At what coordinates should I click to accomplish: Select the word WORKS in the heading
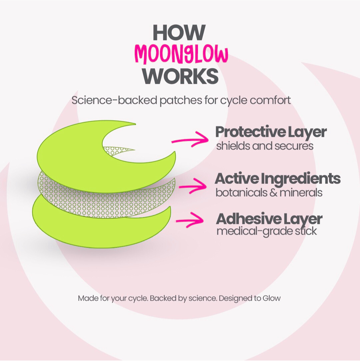[180, 76]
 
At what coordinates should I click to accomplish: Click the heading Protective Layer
[271, 132]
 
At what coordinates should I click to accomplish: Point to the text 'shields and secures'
[265, 146]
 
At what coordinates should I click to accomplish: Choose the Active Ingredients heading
[278, 179]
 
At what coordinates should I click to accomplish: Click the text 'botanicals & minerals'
[269, 193]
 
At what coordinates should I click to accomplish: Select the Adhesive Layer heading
[269, 219]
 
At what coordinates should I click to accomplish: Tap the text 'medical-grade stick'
[267, 231]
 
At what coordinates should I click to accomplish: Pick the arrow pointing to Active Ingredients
[193, 186]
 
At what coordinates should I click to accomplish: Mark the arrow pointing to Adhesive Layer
[190, 220]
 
